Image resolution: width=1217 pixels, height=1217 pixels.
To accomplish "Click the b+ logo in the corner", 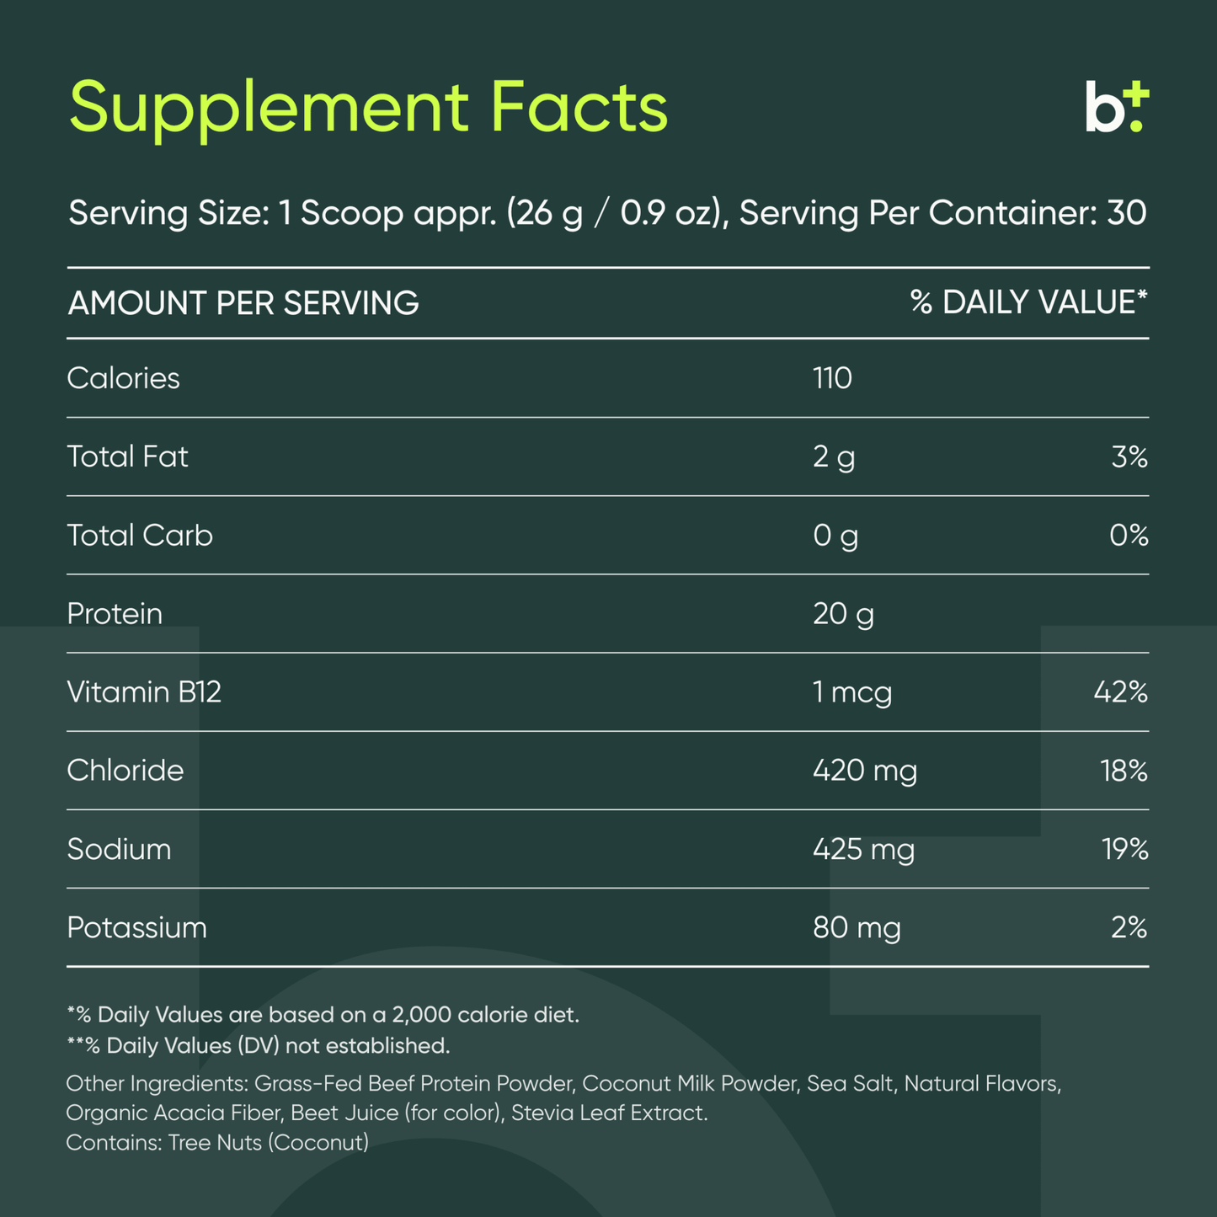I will [x=1117, y=108].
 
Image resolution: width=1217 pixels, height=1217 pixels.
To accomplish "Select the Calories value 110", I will [x=832, y=378].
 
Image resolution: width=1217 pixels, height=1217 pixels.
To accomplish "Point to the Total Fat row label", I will [x=127, y=456].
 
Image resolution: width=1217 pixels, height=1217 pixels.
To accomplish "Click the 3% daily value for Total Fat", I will [x=1129, y=457].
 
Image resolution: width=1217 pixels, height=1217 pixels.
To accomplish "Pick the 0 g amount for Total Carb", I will [x=835, y=536].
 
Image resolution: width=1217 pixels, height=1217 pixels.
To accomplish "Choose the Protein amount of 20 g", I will [x=843, y=614].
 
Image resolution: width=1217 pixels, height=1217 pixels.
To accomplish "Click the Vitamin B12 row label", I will [x=144, y=692].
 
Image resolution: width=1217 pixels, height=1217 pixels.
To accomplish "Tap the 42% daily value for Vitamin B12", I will [x=1120, y=692].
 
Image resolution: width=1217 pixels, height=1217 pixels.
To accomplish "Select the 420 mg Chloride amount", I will [x=865, y=771].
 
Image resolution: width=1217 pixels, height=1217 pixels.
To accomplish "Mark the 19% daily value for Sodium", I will [x=1125, y=849].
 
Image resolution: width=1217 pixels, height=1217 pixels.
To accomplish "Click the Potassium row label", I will [x=136, y=927].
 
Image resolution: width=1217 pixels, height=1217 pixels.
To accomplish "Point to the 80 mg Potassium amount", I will [x=857, y=928].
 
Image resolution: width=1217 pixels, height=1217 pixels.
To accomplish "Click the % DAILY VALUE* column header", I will [x=1028, y=302].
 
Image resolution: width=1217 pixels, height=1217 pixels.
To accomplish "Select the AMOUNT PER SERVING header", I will [x=243, y=303].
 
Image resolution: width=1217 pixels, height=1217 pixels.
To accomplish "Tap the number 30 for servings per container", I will [x=1126, y=213].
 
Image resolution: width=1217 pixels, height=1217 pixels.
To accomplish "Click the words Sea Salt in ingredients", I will [x=850, y=1083].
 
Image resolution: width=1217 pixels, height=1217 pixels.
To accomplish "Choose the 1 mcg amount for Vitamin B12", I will [x=852, y=692].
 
